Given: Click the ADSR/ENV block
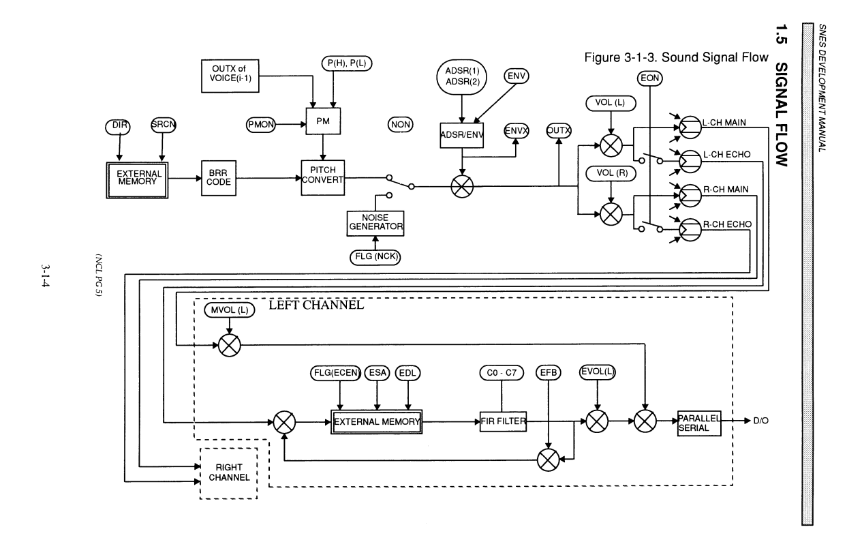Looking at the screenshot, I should [x=462, y=133].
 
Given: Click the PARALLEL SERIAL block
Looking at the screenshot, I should [x=698, y=422].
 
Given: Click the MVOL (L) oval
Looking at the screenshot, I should [x=229, y=311].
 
